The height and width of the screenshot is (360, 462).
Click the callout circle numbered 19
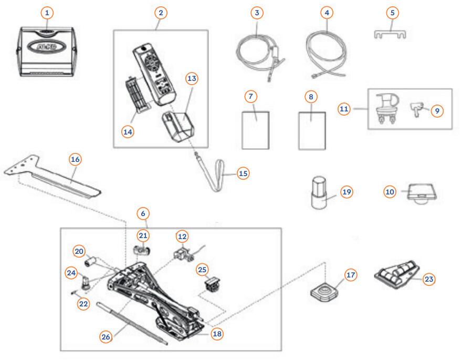click(346, 192)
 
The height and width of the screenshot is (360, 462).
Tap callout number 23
click(429, 279)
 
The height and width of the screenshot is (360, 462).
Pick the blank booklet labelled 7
click(257, 129)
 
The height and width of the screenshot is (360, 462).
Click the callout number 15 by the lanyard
click(243, 173)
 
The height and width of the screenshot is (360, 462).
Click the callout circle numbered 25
click(203, 270)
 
